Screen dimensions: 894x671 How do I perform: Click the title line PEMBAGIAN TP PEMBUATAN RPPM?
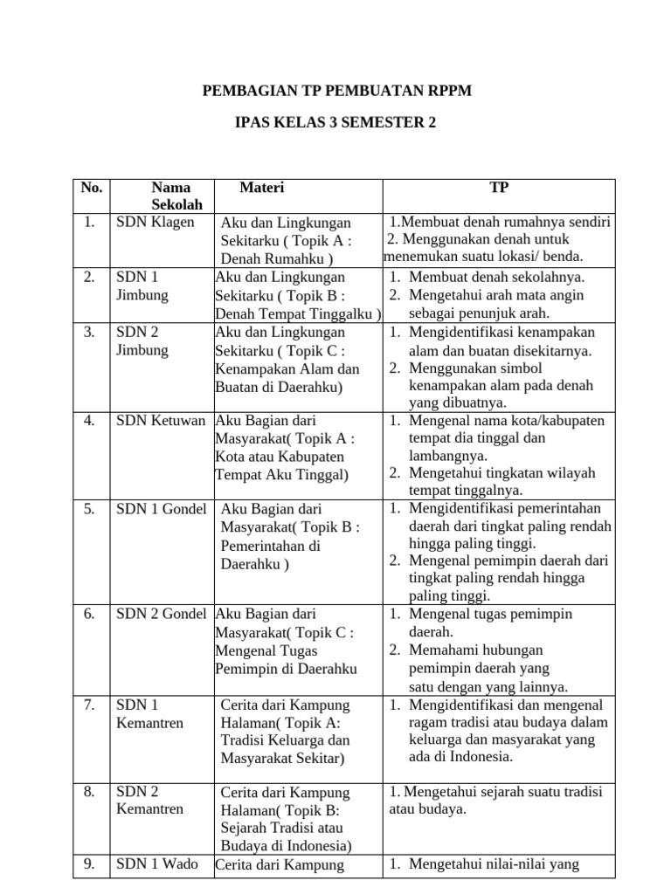pyautogui.click(x=336, y=91)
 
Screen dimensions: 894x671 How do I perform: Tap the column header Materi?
pyautogui.click(x=262, y=188)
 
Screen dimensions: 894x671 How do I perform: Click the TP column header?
pyautogui.click(x=499, y=188)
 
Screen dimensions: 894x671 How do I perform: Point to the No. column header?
pyautogui.click(x=91, y=188)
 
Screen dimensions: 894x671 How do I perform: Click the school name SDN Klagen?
pyautogui.click(x=156, y=222)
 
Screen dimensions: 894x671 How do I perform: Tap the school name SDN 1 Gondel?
pyautogui.click(x=162, y=509)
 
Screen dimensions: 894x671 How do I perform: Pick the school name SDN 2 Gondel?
pyautogui.click(x=162, y=614)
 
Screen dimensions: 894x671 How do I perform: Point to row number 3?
pyautogui.click(x=89, y=332)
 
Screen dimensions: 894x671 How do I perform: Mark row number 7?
pyautogui.click(x=89, y=705)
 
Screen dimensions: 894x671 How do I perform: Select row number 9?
pyautogui.click(x=89, y=865)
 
